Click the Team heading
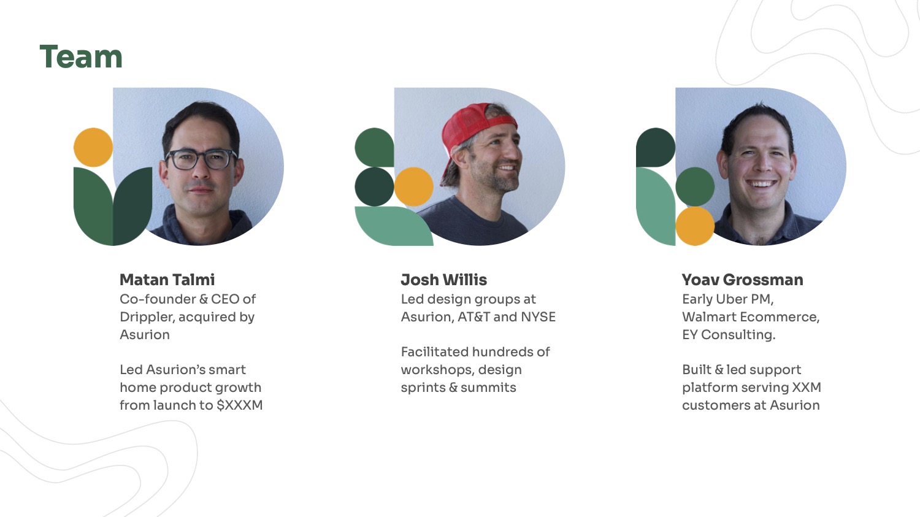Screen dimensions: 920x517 (x=81, y=56)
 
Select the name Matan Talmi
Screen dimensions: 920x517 (x=167, y=280)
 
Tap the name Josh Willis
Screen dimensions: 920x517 (x=444, y=280)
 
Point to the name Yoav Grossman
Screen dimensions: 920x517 (x=743, y=280)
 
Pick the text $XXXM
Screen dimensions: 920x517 (x=240, y=405)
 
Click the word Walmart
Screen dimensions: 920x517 (x=709, y=317)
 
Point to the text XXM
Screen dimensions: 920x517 (x=807, y=387)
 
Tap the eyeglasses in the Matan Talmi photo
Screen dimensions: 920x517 (x=201, y=159)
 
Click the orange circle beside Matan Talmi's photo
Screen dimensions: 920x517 (x=93, y=147)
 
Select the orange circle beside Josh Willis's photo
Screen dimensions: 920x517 (x=413, y=186)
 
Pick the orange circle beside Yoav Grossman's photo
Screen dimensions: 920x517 (x=695, y=226)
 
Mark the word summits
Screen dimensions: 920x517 (x=488, y=387)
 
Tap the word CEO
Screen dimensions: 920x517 (x=224, y=299)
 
